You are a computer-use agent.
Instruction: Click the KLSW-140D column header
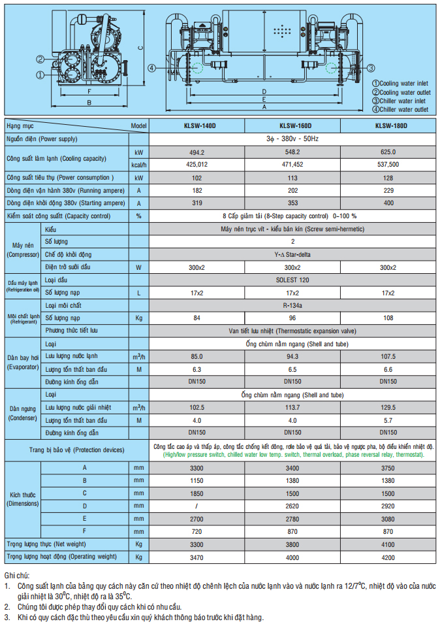point(196,125)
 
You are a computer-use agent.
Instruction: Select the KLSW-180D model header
point(390,125)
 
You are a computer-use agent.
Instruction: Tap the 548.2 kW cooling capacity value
point(292,152)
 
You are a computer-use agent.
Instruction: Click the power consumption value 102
point(196,177)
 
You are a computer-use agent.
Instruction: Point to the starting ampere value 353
point(292,203)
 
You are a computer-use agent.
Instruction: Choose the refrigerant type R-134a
point(292,305)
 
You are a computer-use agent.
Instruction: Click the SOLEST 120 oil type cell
point(292,280)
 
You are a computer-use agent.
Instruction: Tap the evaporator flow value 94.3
point(292,356)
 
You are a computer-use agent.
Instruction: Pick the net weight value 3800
point(292,544)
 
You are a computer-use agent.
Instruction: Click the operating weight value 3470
point(196,557)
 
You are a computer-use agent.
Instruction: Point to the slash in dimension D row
point(196,506)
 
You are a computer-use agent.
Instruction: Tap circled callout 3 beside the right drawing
point(370,68)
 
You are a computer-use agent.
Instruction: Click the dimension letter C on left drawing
point(140,47)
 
